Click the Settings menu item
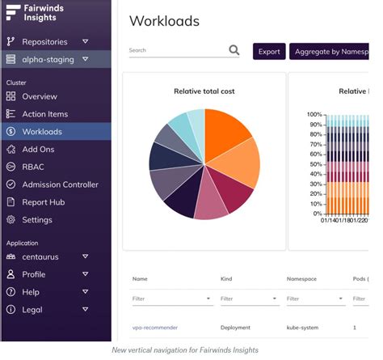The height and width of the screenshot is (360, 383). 37,220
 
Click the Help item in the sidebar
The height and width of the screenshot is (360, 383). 31,291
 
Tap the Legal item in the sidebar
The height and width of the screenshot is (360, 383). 32,309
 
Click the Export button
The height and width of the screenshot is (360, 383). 269,52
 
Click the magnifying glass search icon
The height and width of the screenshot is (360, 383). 234,50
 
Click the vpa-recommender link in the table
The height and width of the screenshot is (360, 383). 155,328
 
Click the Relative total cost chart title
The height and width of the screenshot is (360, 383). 204,91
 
